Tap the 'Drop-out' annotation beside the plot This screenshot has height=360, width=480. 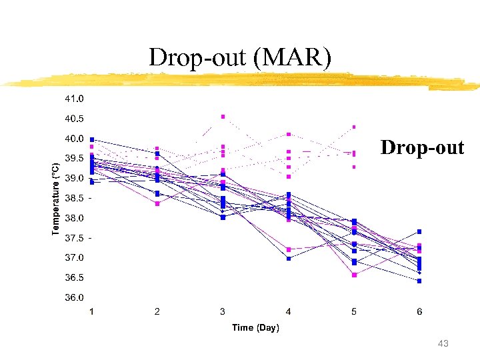click(422, 147)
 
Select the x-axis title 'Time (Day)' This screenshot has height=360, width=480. click(255, 327)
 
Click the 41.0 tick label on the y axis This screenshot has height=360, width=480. click(74, 99)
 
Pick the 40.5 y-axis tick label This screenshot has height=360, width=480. click(74, 119)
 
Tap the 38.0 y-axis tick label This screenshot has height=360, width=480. click(74, 218)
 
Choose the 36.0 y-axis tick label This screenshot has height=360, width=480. click(74, 297)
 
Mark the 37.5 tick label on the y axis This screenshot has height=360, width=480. click(74, 238)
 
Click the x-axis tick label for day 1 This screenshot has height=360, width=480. click(92, 311)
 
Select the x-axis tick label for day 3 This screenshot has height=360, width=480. click(223, 311)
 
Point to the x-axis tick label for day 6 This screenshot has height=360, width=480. click(419, 311)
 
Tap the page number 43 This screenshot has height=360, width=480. click(443, 343)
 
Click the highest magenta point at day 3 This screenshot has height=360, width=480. click(223, 117)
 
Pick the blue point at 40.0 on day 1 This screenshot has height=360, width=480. click(92, 139)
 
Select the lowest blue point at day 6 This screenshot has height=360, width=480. click(419, 281)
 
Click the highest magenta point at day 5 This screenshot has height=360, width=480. click(354, 127)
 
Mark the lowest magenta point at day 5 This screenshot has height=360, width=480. click(354, 275)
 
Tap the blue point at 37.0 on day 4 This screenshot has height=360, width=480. click(289, 258)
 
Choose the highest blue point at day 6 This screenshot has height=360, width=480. click(419, 231)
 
